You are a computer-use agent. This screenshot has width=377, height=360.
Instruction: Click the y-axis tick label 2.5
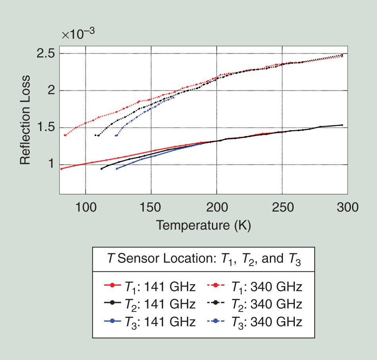[x=46, y=54]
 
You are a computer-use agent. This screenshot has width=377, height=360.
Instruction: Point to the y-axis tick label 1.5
[x=46, y=128]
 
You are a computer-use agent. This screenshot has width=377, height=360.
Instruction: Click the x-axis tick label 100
[x=85, y=207]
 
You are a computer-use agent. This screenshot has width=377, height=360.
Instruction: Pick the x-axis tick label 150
[x=151, y=207]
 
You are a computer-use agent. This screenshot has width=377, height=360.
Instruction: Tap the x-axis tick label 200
[x=217, y=207]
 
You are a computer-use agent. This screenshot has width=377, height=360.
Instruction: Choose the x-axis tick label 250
[x=282, y=207]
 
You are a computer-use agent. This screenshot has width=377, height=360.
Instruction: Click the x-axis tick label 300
[x=347, y=207]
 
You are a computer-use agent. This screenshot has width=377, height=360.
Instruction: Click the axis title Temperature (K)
[x=204, y=225]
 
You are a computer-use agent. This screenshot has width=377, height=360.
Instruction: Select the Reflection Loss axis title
[x=26, y=119]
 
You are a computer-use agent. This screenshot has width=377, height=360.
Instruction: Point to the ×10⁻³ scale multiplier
[x=78, y=35]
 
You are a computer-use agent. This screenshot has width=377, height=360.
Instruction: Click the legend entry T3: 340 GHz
[x=254, y=321]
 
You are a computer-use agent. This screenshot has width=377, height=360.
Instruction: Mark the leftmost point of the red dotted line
[x=65, y=135]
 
